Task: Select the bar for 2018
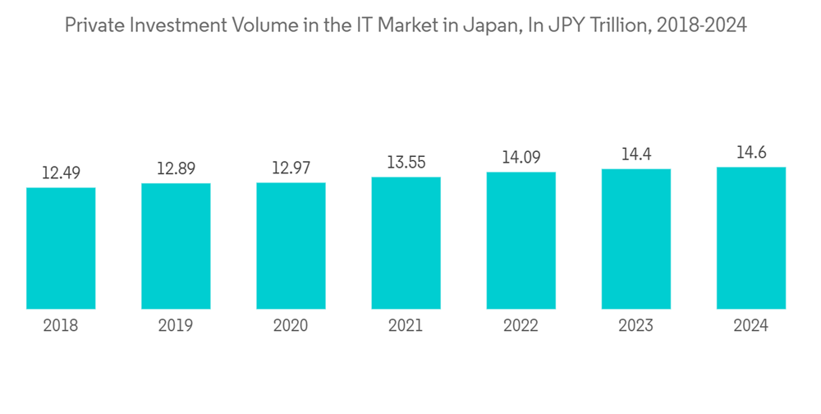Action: [61, 248]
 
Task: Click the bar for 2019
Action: [176, 246]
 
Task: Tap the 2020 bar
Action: [291, 246]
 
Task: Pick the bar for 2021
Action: [406, 243]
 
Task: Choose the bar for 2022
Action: [521, 241]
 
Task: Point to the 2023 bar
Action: [635, 239]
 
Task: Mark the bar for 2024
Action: [750, 238]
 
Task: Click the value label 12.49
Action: [61, 172]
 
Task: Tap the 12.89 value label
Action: [176, 168]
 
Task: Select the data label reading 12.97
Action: [291, 168]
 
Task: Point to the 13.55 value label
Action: [406, 162]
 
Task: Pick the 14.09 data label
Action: [521, 157]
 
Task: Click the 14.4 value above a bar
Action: [635, 154]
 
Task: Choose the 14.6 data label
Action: [750, 152]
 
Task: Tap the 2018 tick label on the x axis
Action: [61, 326]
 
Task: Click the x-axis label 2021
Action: [406, 326]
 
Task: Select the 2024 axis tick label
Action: [750, 326]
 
